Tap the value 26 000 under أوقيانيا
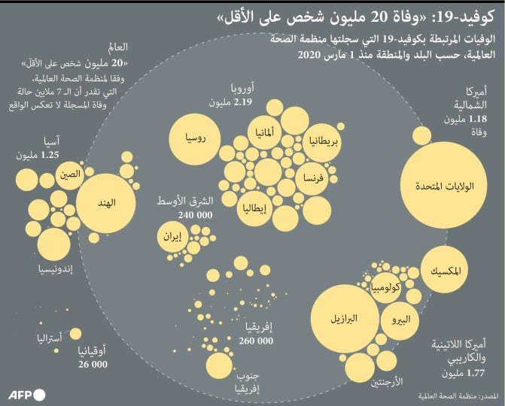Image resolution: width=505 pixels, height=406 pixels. (93, 364)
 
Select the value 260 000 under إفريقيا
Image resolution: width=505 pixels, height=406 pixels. (257, 341)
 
